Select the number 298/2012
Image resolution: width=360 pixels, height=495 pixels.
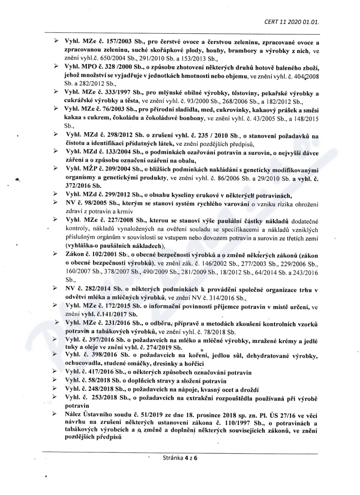point(108,135)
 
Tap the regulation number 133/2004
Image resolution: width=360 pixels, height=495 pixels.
point(108,153)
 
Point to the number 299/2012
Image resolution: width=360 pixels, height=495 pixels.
point(108,194)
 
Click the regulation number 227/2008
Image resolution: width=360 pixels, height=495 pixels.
point(108,220)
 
